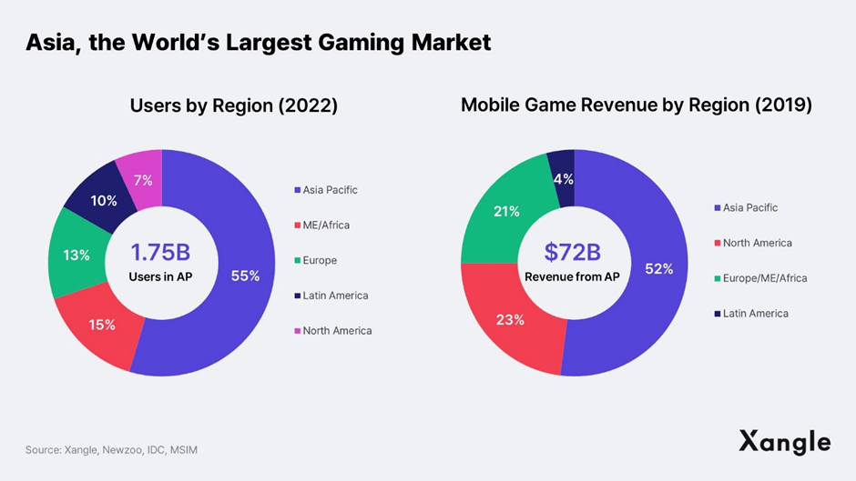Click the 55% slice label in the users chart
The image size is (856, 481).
(244, 276)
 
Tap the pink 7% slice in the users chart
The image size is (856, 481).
(142, 181)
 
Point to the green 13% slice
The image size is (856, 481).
(76, 256)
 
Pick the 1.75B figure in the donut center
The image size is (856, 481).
(160, 253)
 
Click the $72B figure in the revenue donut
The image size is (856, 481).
(572, 252)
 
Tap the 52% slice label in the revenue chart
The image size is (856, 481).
(658, 268)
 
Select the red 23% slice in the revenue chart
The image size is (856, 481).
(510, 319)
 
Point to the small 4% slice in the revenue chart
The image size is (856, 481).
(563, 178)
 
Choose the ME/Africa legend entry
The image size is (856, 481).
(326, 225)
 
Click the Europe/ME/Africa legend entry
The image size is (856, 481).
(764, 277)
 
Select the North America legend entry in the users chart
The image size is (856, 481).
(337, 330)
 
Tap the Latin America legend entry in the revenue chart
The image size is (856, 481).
(755, 313)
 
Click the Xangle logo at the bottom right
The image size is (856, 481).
(784, 442)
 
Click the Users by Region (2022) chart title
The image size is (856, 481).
(234, 105)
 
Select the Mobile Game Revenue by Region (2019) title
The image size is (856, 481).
(636, 105)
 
